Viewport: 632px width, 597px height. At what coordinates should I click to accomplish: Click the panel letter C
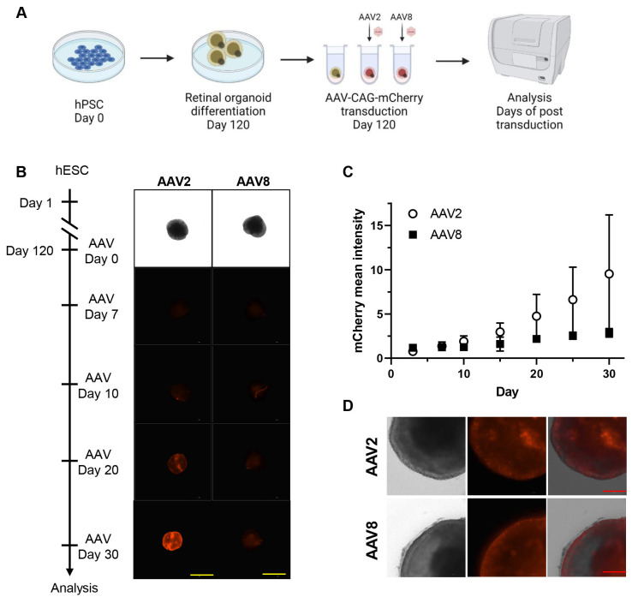[x=348, y=171]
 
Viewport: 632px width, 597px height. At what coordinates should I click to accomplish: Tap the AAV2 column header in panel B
[x=173, y=181]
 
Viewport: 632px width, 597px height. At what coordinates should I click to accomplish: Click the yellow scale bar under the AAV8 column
[x=273, y=573]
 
